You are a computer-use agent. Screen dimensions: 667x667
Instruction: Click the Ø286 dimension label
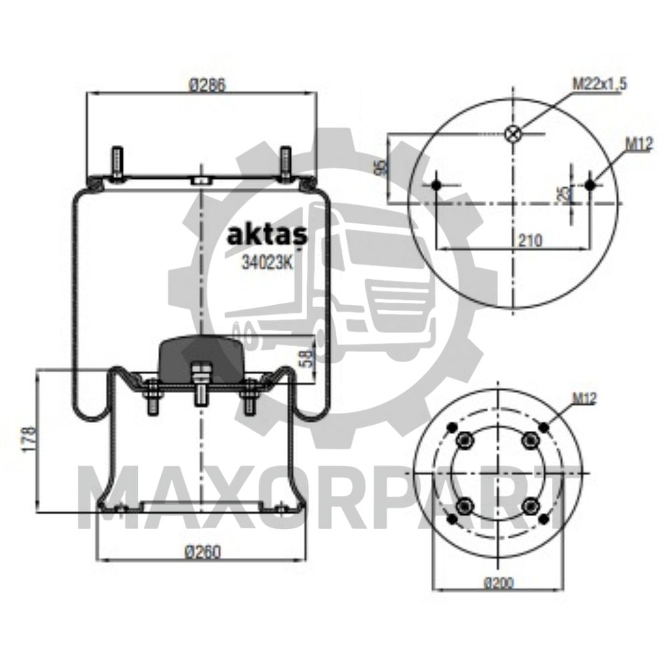(x=205, y=85)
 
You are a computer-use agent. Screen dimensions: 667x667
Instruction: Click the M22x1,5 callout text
(x=600, y=83)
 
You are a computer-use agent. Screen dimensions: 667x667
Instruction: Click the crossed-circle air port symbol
(x=512, y=134)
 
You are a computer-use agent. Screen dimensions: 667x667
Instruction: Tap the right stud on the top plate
(x=286, y=162)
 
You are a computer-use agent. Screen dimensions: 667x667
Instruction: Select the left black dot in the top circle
(x=436, y=185)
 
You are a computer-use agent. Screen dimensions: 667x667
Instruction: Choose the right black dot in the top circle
(x=589, y=185)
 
